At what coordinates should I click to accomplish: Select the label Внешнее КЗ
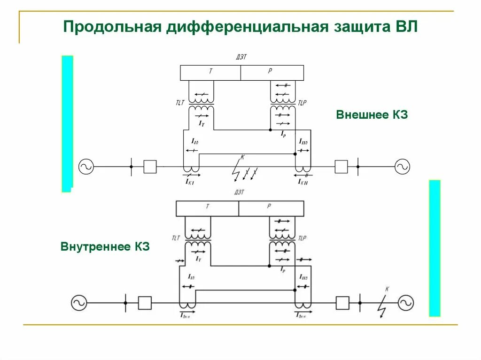[x=372, y=115]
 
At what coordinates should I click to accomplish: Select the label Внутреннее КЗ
[x=105, y=246]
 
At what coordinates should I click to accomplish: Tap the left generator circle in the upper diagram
[x=86, y=166]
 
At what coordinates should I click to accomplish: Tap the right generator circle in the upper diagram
[x=402, y=166]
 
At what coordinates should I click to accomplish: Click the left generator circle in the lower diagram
[x=79, y=303]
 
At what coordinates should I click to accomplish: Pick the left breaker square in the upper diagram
[x=150, y=167]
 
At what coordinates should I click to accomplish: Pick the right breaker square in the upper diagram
[x=341, y=167]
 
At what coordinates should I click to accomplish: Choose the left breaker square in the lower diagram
[x=145, y=303]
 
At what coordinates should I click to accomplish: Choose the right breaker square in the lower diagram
[x=342, y=303]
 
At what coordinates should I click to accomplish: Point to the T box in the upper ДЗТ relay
[x=210, y=73]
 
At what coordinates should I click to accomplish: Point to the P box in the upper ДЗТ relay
[x=272, y=73]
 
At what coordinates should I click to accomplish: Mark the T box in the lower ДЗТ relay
[x=207, y=208]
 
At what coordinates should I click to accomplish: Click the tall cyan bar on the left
[x=67, y=123]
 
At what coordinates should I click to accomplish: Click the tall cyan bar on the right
[x=434, y=248]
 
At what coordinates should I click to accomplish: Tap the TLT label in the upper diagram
[x=180, y=103]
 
